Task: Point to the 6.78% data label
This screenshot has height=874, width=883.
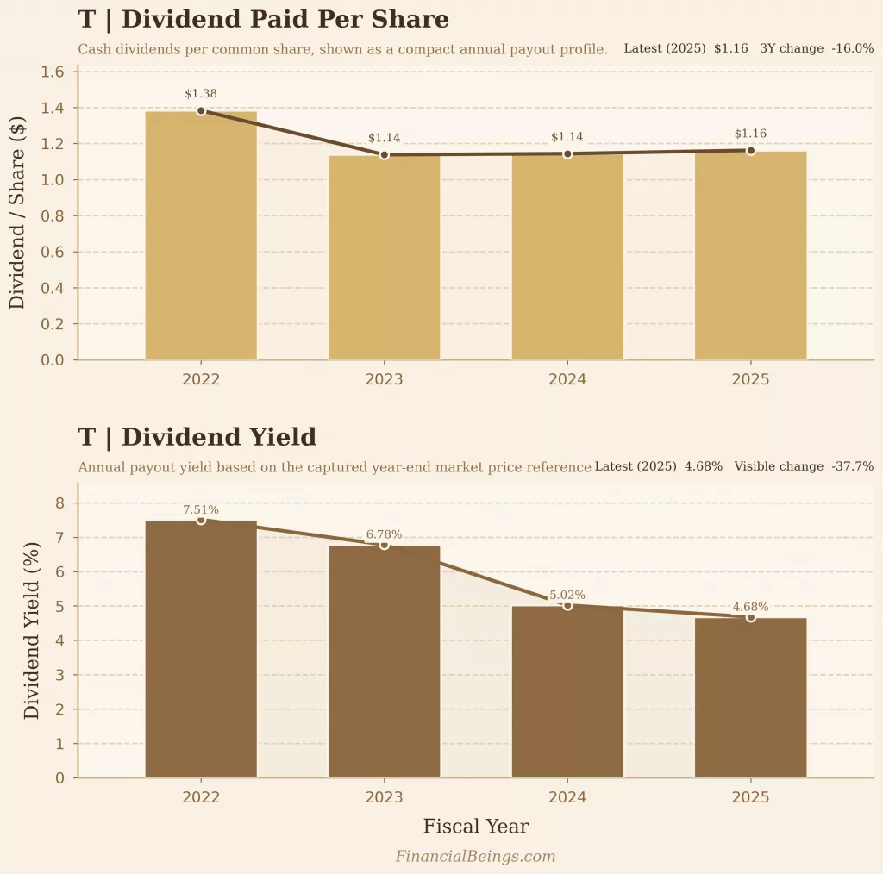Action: coord(384,534)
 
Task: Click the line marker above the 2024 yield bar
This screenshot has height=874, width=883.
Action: coord(567,605)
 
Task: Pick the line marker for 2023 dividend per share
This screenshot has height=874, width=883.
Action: coord(385,155)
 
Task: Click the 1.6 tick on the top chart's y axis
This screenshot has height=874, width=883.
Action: coord(53,72)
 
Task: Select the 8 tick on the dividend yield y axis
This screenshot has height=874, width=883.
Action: coord(59,503)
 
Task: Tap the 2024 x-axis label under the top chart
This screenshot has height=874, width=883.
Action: coord(567,379)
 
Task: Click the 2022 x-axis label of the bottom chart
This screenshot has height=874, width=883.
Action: coord(201,797)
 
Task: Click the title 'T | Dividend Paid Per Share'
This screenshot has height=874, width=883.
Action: coord(263,20)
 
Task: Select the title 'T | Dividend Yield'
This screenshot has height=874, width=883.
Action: coord(197,437)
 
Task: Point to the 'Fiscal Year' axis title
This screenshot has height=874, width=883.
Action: coord(475,827)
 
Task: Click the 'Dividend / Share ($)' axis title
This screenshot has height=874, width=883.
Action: coord(17,215)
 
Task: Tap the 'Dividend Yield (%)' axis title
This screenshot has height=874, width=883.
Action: coord(32,631)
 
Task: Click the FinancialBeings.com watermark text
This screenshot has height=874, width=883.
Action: coord(475,856)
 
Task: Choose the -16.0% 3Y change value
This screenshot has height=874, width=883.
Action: coord(852,49)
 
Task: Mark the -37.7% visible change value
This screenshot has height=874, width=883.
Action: coord(852,466)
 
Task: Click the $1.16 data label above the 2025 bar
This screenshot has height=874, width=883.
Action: coord(750,134)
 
